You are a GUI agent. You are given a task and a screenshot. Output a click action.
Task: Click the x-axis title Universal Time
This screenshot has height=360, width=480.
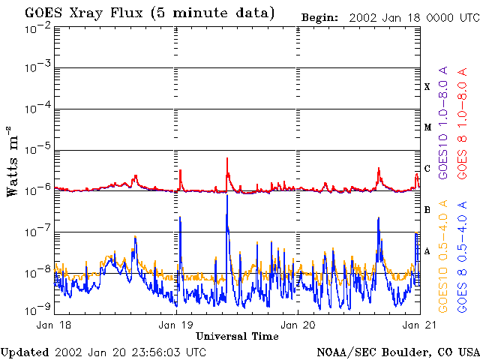237,336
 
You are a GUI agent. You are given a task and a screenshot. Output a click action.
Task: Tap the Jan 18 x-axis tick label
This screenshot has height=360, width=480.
53,325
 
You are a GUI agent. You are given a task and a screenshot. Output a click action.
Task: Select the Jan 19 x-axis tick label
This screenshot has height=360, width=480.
175,325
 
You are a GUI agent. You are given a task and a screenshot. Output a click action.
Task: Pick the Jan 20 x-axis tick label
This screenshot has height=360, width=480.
298,325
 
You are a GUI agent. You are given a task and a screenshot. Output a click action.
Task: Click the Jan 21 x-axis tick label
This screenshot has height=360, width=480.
419,325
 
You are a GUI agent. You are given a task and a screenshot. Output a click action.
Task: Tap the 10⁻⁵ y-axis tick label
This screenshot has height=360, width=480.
38,150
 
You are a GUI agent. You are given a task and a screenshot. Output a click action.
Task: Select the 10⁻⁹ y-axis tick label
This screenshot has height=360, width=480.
38,310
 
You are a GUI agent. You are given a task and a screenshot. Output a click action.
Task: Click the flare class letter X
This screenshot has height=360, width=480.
427,87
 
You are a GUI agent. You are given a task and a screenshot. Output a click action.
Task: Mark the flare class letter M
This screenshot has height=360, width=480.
427,127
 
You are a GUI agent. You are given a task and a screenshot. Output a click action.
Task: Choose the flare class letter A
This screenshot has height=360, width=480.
427,251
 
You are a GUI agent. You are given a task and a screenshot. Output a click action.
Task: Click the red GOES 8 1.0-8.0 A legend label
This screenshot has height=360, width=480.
462,123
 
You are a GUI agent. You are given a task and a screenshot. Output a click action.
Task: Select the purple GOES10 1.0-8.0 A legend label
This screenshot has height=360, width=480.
442,122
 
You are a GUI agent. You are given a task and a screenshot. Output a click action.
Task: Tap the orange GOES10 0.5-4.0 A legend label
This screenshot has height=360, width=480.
442,256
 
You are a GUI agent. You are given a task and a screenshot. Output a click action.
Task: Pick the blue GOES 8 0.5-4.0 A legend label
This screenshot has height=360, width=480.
462,256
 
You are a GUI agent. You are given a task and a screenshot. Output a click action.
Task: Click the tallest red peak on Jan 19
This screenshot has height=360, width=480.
227,158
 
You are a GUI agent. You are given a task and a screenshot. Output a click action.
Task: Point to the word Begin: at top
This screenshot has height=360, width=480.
319,18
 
